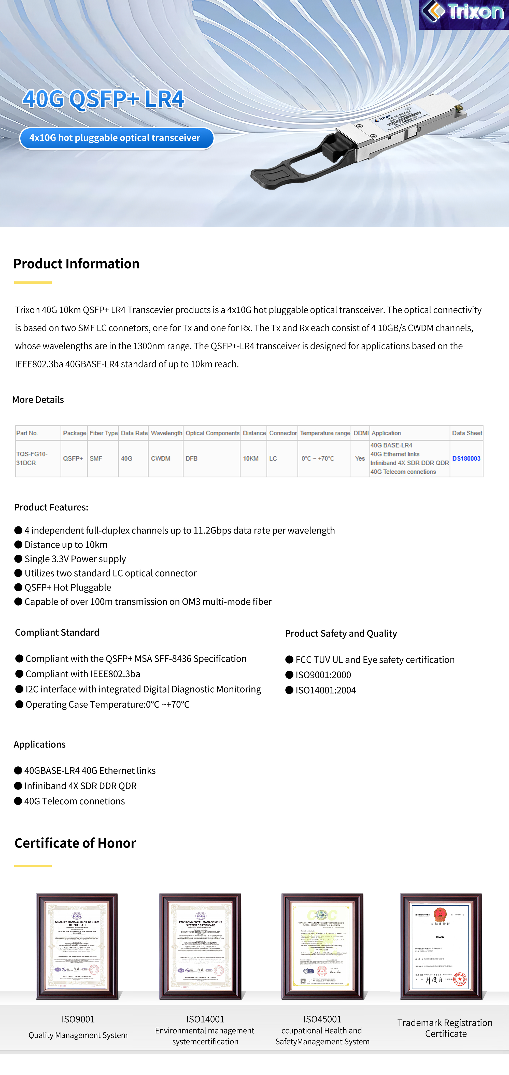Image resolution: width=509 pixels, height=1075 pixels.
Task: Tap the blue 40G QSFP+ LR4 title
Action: [103, 99]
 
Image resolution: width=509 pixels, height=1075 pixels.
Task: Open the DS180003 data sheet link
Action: [466, 458]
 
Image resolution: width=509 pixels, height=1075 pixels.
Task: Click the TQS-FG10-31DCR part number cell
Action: [32, 458]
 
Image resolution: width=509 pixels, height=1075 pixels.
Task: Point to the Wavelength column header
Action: [166, 433]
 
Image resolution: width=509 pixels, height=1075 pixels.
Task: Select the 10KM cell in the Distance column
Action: [250, 458]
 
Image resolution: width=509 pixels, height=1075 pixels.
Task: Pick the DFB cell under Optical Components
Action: [192, 458]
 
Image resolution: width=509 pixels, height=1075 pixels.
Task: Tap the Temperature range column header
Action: [324, 433]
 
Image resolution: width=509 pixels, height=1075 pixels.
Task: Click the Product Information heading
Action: [76, 264]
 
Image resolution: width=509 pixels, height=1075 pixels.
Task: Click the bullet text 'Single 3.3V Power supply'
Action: [75, 559]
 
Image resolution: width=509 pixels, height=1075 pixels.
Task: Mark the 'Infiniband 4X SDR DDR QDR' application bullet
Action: [80, 786]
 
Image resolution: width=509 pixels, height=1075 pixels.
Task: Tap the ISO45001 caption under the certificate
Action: [322, 1019]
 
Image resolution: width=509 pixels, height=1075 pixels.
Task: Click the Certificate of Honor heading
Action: [75, 843]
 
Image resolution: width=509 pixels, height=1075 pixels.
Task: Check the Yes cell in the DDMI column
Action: [360, 458]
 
